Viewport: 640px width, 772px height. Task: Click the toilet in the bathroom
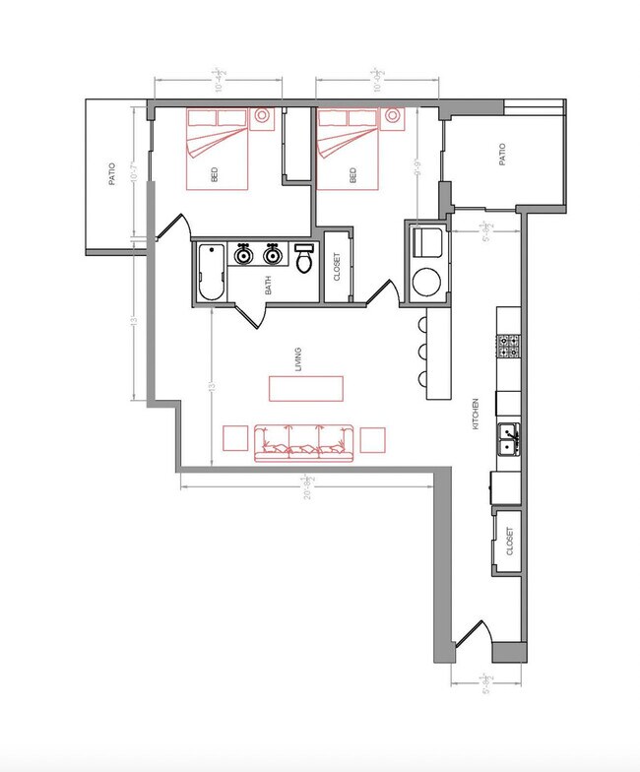tap(304, 260)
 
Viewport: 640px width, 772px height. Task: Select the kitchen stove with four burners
tap(509, 347)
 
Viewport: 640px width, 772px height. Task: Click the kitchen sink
tap(509, 438)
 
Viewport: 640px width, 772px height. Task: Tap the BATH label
tap(268, 286)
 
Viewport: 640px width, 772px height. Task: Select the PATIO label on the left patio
tap(112, 174)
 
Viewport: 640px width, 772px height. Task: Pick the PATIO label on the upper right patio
tap(502, 155)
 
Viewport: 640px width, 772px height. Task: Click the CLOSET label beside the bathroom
tap(337, 267)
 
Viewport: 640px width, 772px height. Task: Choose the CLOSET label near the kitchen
tap(509, 541)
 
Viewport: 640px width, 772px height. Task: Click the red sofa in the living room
tap(304, 443)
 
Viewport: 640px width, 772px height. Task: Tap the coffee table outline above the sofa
tap(307, 388)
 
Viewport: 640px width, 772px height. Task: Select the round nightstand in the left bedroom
tap(263, 116)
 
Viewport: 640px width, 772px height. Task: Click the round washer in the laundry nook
tap(427, 283)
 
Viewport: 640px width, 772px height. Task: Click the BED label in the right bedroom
tap(352, 175)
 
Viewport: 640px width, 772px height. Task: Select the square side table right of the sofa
tap(373, 438)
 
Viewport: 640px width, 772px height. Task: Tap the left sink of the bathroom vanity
tap(243, 256)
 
